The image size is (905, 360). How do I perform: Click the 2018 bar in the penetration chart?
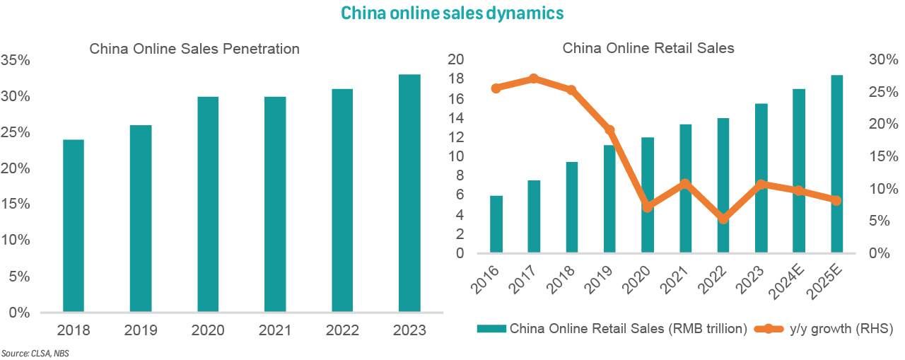click(x=74, y=226)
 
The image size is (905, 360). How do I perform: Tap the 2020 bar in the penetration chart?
click(x=208, y=204)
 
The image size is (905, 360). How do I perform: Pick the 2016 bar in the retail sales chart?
click(x=496, y=224)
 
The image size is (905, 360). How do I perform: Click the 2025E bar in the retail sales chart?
click(x=836, y=164)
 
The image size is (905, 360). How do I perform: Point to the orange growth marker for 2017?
click(x=534, y=79)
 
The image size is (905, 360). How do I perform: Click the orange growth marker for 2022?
click(x=723, y=219)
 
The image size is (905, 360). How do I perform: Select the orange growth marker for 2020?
click(x=647, y=207)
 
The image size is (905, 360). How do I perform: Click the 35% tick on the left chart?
click(x=16, y=61)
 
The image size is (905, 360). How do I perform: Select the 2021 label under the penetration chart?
click(x=274, y=330)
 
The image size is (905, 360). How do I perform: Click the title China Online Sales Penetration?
click(x=194, y=49)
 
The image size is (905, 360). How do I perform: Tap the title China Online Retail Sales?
click(x=648, y=48)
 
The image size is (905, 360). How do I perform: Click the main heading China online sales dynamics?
click(x=452, y=13)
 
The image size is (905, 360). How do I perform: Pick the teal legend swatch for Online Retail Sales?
click(x=491, y=328)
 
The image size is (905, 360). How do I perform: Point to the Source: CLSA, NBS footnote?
click(x=30, y=352)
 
